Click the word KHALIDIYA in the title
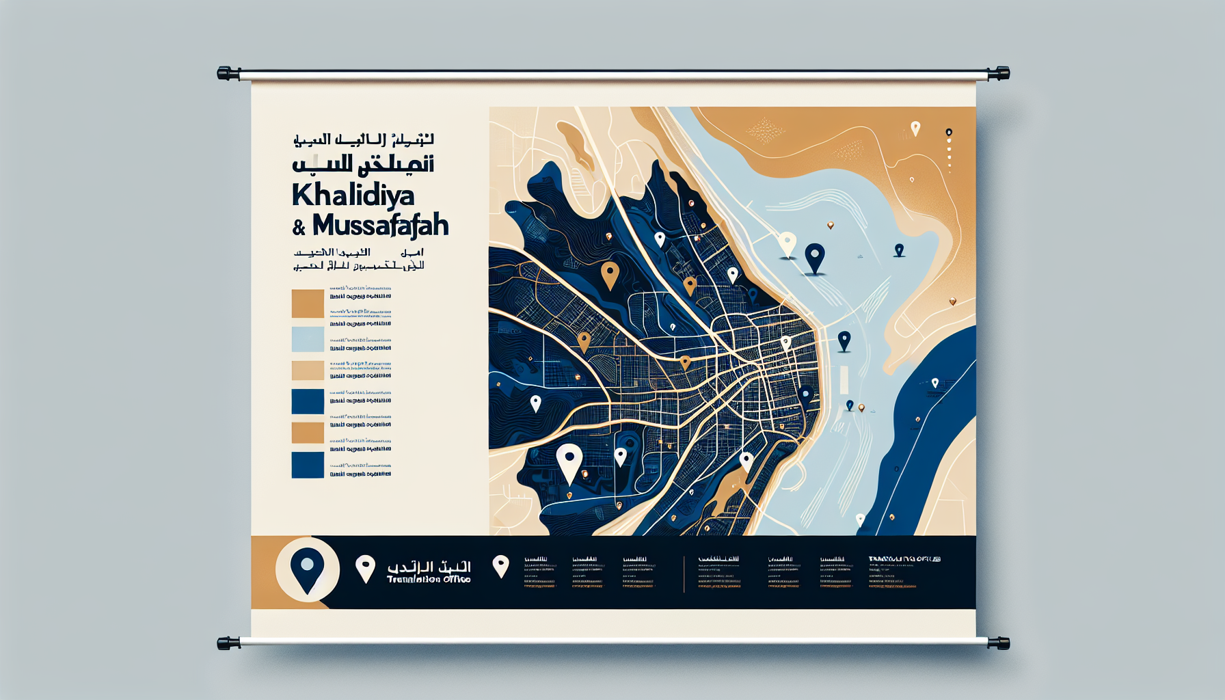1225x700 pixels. pyautogui.click(x=353, y=196)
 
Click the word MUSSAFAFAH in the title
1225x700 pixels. pyautogui.click(x=380, y=225)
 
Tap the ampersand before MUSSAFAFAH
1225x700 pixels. pyautogui.click(x=299, y=228)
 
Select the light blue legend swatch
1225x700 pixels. pyautogui.click(x=308, y=339)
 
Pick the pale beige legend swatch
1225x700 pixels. pyautogui.click(x=308, y=371)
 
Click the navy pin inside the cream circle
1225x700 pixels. pyautogui.click(x=307, y=568)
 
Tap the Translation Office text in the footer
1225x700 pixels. pyautogui.click(x=429, y=579)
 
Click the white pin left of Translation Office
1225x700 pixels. pyautogui.click(x=366, y=567)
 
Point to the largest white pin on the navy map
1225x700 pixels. pyautogui.click(x=569, y=462)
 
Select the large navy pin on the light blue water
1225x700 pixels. pyautogui.click(x=814, y=257)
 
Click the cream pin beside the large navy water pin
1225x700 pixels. pyautogui.click(x=787, y=244)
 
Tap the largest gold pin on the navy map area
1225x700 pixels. pyautogui.click(x=610, y=274)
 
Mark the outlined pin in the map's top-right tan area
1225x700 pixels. pyautogui.click(x=915, y=128)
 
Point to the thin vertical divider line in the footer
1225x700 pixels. pyautogui.click(x=684, y=574)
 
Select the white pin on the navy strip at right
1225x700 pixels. pyautogui.click(x=934, y=383)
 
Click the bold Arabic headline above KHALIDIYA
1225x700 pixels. pyautogui.click(x=362, y=165)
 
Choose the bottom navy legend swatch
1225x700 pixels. pyautogui.click(x=308, y=465)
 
